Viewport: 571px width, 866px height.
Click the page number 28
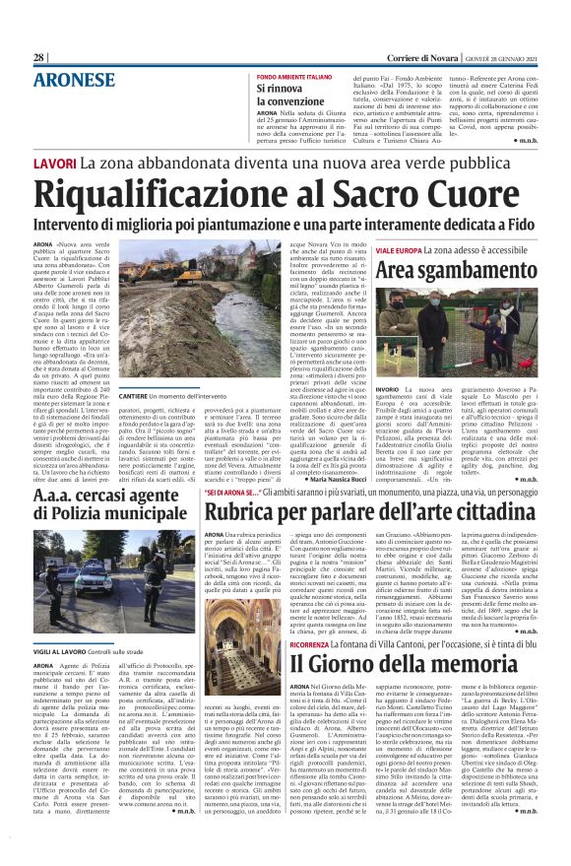click(38, 58)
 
